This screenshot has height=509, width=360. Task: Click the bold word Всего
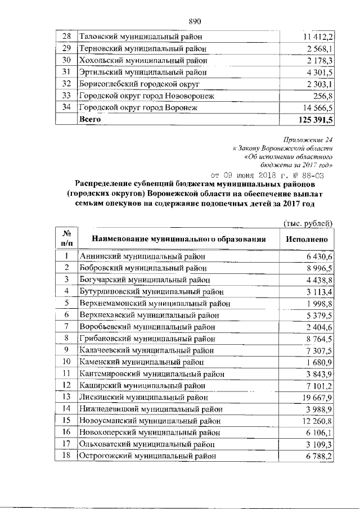[x=91, y=120]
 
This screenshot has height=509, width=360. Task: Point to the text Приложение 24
[x=309, y=139]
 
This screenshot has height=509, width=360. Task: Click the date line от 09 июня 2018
[x=267, y=174]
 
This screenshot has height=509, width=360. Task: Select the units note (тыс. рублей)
[x=308, y=223]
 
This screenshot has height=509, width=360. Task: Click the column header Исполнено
[x=307, y=238]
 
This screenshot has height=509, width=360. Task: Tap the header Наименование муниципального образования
[x=178, y=238]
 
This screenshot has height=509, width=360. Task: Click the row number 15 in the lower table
[x=66, y=420]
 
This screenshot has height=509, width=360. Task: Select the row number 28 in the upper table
[x=66, y=37]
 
